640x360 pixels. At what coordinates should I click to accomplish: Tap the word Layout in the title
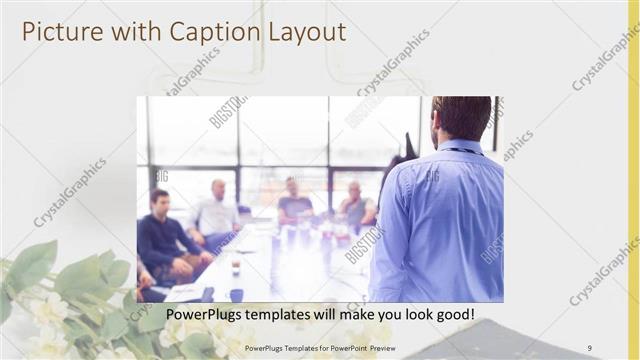coord(306,32)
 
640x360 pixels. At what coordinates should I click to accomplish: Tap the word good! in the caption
coord(452,315)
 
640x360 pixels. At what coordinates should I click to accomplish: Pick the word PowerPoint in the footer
coord(343,349)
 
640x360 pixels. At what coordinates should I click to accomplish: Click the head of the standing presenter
coord(461,118)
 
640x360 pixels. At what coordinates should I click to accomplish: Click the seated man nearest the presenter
coord(356,205)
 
